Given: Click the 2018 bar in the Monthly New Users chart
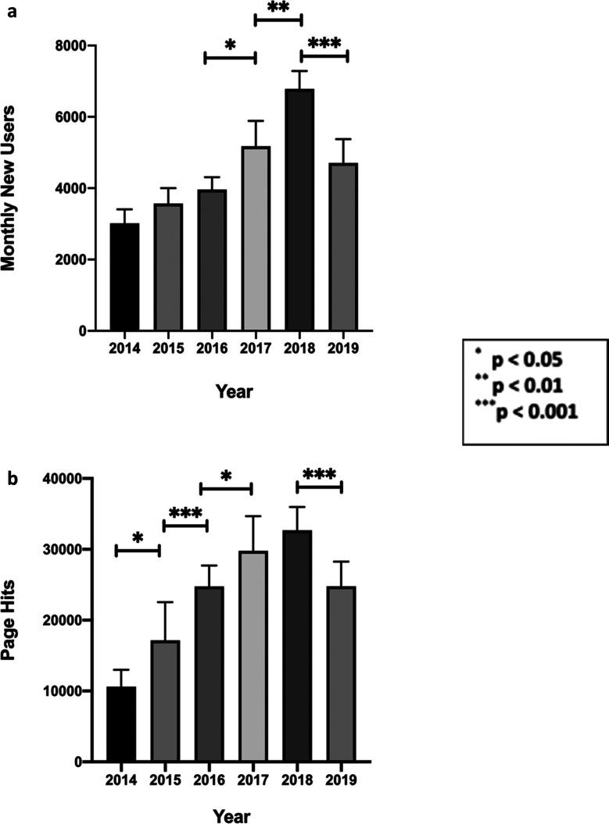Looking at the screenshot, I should click(x=299, y=210).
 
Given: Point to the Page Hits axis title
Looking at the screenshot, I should click(x=11, y=620).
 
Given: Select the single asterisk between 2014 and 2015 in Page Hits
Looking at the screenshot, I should click(x=138, y=539).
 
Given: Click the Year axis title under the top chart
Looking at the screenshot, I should click(x=235, y=391).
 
